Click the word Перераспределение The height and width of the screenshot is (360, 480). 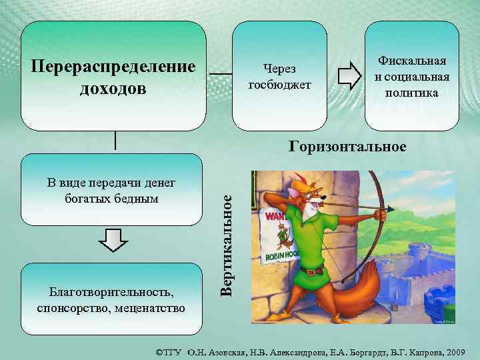coord(113,67)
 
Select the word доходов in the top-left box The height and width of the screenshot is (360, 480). coord(113,88)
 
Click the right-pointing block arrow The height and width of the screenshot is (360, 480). coord(347,76)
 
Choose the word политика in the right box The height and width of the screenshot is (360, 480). coord(412,93)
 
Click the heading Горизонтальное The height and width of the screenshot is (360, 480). coord(347,146)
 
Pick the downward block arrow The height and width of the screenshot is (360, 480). coord(116,240)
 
